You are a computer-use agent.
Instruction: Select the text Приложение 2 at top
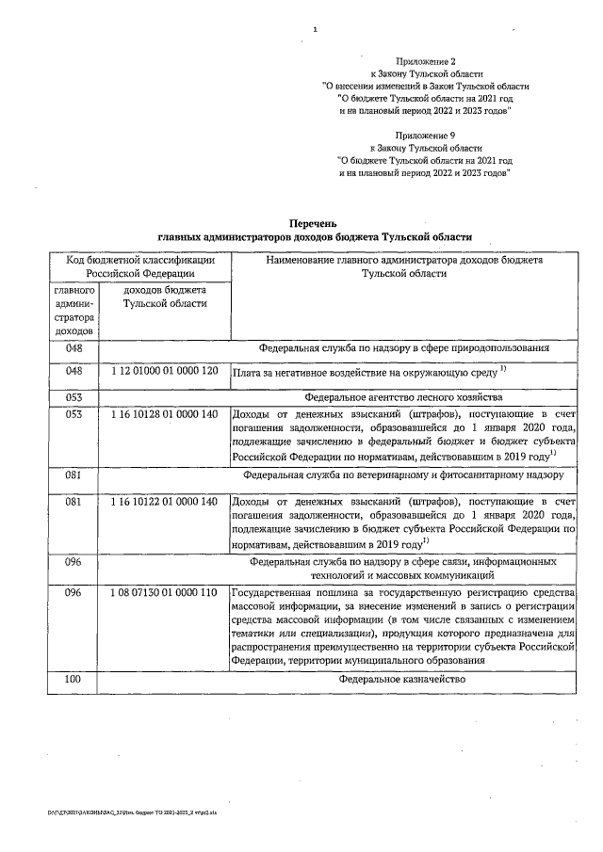click(x=423, y=60)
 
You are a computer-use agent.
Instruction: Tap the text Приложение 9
click(x=424, y=136)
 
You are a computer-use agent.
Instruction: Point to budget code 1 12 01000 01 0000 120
click(x=164, y=372)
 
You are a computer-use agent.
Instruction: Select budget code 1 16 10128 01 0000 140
click(x=164, y=413)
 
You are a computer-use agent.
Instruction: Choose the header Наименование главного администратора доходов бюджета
click(x=403, y=260)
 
